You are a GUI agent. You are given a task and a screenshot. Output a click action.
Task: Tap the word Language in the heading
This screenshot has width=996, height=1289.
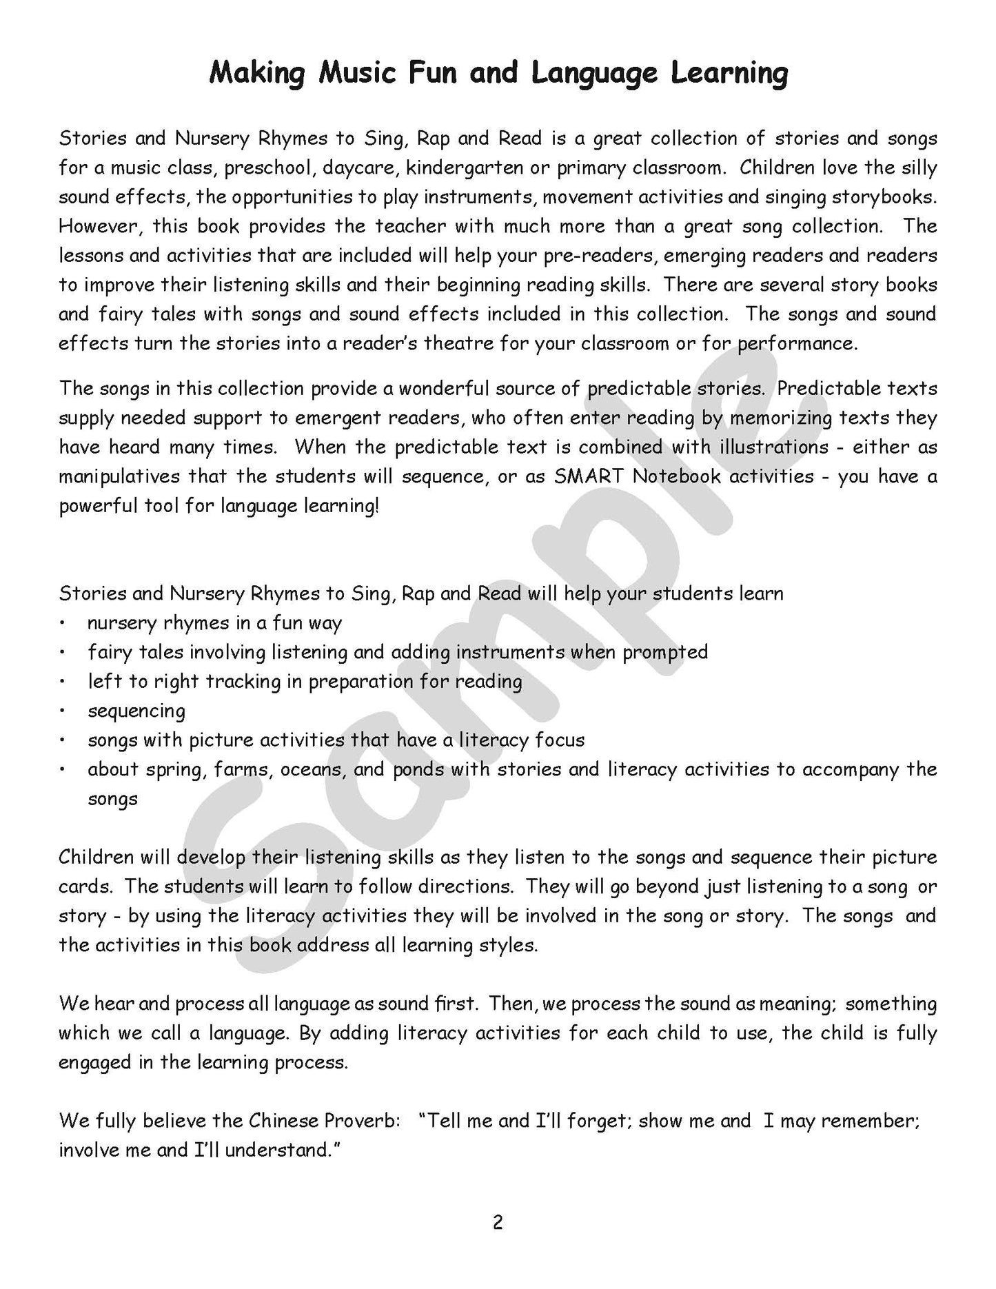tap(599, 73)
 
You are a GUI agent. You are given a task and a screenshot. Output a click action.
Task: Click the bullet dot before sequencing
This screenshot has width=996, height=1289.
tap(62, 711)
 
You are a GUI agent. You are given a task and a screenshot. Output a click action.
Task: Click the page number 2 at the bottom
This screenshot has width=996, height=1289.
tap(498, 1222)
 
